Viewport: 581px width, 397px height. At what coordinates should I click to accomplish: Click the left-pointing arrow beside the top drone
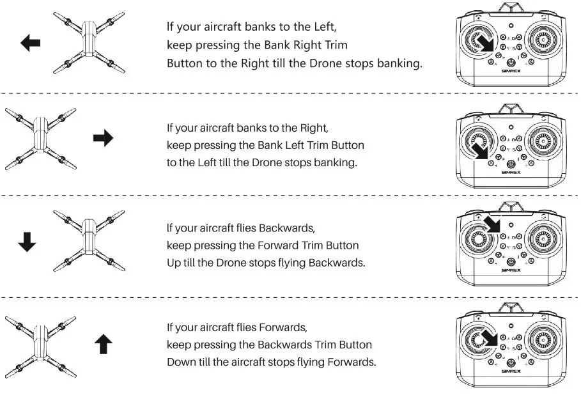pos(31,43)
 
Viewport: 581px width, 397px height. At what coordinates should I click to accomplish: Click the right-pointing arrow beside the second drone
pos(103,138)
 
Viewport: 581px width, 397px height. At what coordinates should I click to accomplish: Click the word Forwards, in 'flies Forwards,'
pos(283,327)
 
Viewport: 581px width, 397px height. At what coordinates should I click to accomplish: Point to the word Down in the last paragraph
pos(181,362)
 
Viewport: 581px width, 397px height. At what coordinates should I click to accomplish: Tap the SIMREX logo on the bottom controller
pos(511,371)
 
